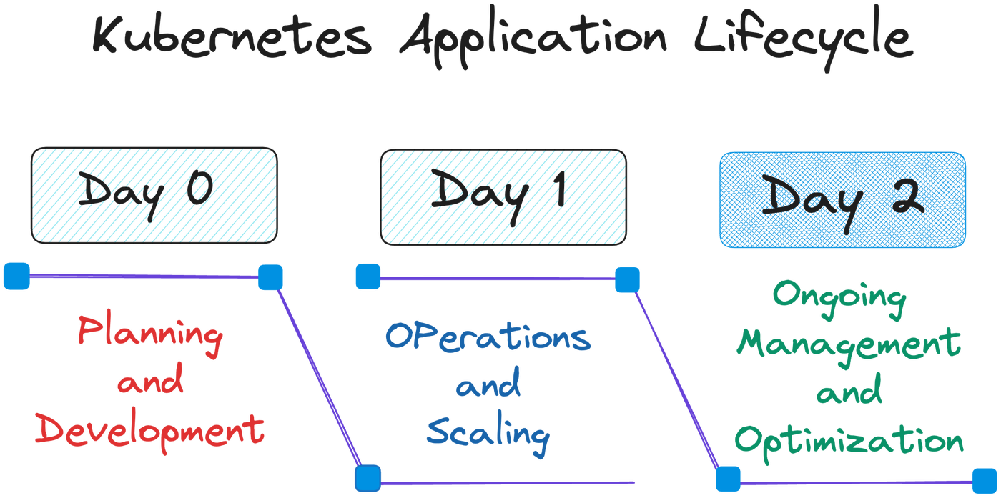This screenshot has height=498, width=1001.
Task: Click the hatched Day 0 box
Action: pos(153,194)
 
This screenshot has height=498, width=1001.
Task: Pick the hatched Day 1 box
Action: pos(503,194)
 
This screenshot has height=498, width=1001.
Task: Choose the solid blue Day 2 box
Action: pos(842,199)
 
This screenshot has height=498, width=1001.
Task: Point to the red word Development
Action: pos(150,431)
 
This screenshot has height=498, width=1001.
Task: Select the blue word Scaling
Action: pos(488,433)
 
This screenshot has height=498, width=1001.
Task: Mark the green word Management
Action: pos(849,346)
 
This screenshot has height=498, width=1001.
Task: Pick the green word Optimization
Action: pos(849,439)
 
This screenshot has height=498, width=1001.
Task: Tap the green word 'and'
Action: pos(849,392)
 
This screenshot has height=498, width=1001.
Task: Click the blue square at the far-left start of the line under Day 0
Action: pos(16,276)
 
